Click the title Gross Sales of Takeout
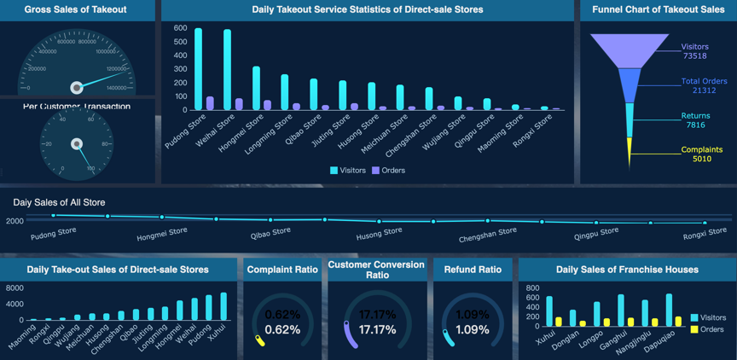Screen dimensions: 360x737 point(75,9)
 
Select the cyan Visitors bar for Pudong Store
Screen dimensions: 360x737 point(198,69)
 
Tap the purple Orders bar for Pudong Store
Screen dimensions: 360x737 point(210,103)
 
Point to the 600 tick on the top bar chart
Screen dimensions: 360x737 point(180,28)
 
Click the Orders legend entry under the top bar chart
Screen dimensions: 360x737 point(388,171)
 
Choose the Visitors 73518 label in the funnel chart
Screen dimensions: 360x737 point(695,51)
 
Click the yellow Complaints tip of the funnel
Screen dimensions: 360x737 point(630,153)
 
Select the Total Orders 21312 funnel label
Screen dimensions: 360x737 point(704,85)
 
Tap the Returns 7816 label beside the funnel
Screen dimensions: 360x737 point(695,120)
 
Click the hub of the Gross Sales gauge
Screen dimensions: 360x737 point(77,87)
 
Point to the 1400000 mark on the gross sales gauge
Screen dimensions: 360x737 point(116,88)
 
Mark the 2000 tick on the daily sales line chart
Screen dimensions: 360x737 point(15,221)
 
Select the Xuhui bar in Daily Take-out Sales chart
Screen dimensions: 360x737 point(223,306)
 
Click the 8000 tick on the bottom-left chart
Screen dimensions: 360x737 point(15,289)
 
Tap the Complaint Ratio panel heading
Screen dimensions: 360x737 point(282,270)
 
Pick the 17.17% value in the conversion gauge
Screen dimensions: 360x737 point(377,329)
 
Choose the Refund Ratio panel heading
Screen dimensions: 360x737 point(473,270)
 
